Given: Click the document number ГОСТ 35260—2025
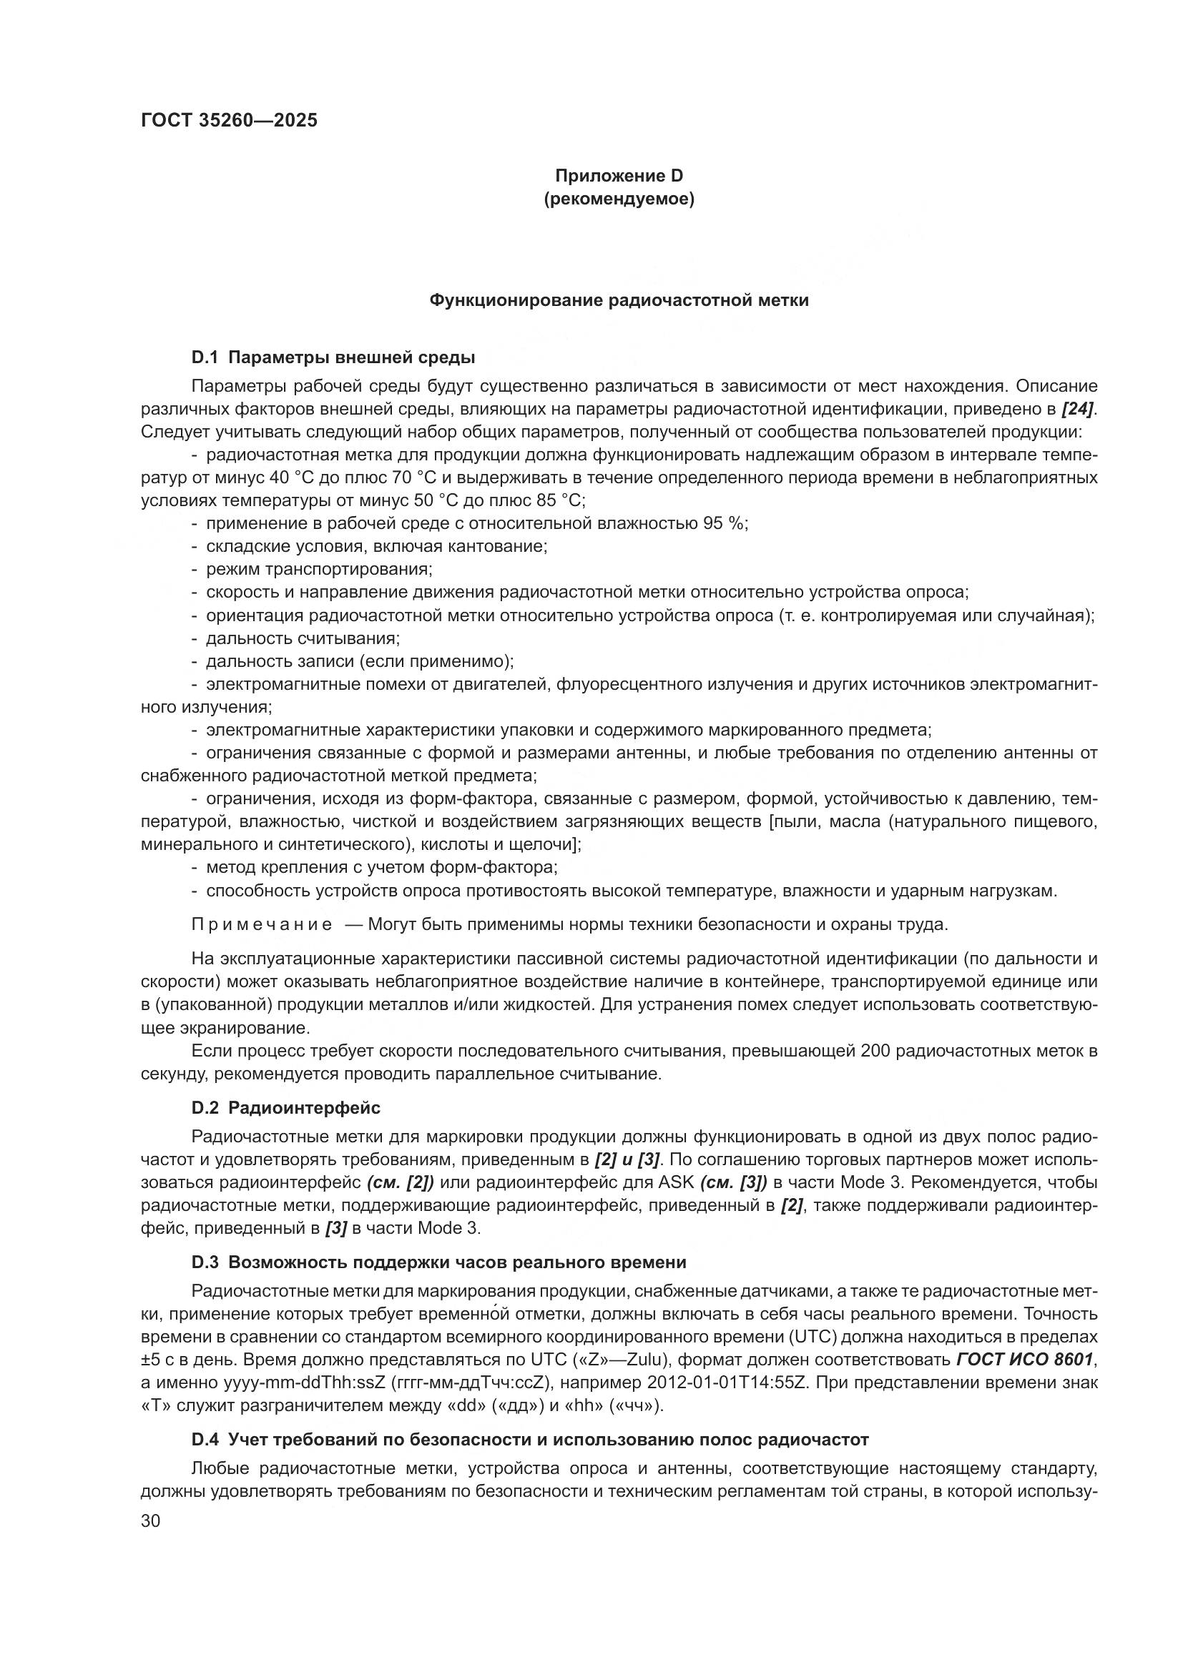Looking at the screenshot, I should [x=229, y=121].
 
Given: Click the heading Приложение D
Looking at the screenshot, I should [x=619, y=176].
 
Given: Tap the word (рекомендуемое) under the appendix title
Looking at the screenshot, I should [x=619, y=199].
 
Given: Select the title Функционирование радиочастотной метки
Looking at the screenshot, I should [x=619, y=300].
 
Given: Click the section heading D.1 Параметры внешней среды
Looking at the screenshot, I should [x=333, y=357].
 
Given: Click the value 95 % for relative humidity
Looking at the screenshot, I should [x=724, y=523].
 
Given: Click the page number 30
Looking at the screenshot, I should [x=150, y=1520].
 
